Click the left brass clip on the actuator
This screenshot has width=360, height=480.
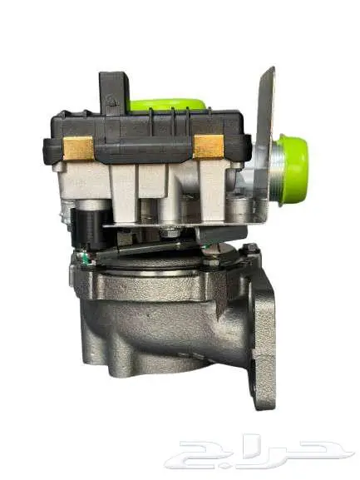tap(77, 148)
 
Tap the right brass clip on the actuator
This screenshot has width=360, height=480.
tap(209, 146)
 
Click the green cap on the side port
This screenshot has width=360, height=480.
tap(292, 171)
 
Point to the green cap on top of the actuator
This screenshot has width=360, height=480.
tap(168, 104)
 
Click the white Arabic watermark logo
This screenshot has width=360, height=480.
tap(259, 451)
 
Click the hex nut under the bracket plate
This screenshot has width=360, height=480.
tap(170, 231)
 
